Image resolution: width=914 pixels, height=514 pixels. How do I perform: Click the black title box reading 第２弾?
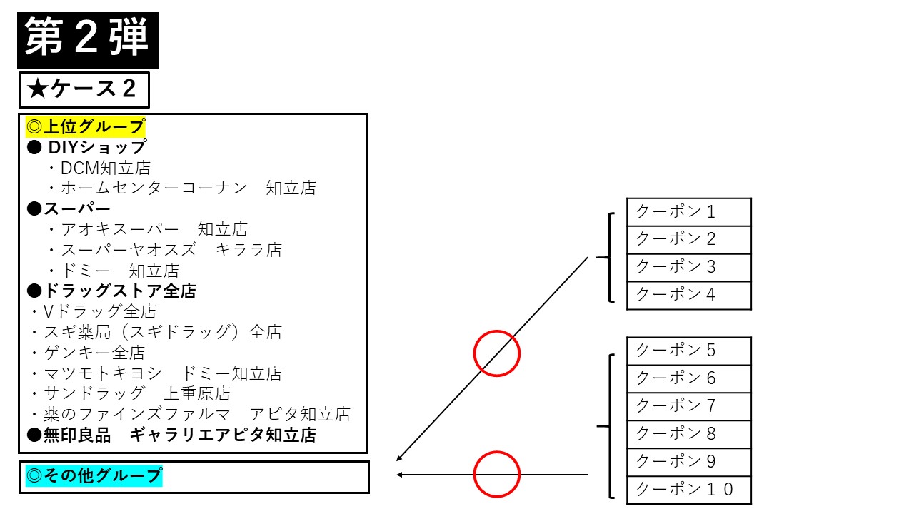(x=88, y=41)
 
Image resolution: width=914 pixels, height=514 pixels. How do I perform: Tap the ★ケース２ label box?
(x=84, y=90)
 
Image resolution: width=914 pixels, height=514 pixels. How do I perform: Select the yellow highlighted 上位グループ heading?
(x=85, y=126)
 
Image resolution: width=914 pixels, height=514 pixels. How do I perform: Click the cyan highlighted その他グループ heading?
(x=94, y=475)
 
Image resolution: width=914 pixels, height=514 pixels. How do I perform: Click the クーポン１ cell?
(x=689, y=212)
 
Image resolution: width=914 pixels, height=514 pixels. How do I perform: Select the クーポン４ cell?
(x=689, y=296)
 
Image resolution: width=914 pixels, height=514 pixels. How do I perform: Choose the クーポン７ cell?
(x=689, y=407)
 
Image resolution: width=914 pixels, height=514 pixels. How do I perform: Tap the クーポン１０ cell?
(x=689, y=490)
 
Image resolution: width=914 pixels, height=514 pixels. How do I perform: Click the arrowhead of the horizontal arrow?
(x=399, y=475)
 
